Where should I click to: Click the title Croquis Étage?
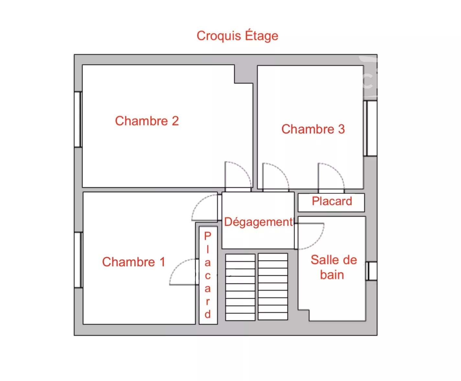237,36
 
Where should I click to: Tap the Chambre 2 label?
147,121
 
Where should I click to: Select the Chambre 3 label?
313,129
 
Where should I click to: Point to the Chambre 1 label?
134,262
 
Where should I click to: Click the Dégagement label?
258,222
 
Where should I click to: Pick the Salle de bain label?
333,267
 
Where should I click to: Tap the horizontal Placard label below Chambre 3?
332,201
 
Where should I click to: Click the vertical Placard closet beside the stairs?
208,275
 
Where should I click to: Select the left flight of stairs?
240,287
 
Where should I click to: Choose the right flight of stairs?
273,287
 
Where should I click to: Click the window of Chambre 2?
78,119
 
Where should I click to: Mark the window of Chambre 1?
78,260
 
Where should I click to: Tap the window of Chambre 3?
370,128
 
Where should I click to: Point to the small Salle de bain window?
371,271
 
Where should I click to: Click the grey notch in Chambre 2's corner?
244,74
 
